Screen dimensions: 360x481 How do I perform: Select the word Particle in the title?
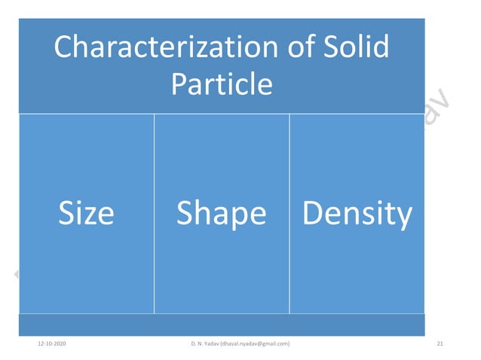[221, 84]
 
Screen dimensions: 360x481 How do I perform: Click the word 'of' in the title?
[300, 48]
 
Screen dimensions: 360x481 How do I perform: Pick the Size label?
[86, 214]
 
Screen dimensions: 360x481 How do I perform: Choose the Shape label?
[221, 215]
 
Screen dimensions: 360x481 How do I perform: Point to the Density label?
[357, 215]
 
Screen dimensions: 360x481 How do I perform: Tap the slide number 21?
[440, 344]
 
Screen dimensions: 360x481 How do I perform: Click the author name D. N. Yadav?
[204, 344]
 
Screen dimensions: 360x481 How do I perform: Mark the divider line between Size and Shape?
[154, 214]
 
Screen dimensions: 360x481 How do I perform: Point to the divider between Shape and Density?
[290, 214]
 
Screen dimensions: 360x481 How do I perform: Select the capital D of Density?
[311, 214]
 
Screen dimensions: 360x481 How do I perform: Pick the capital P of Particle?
[179, 84]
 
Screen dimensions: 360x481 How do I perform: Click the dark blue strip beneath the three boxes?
[222, 325]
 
